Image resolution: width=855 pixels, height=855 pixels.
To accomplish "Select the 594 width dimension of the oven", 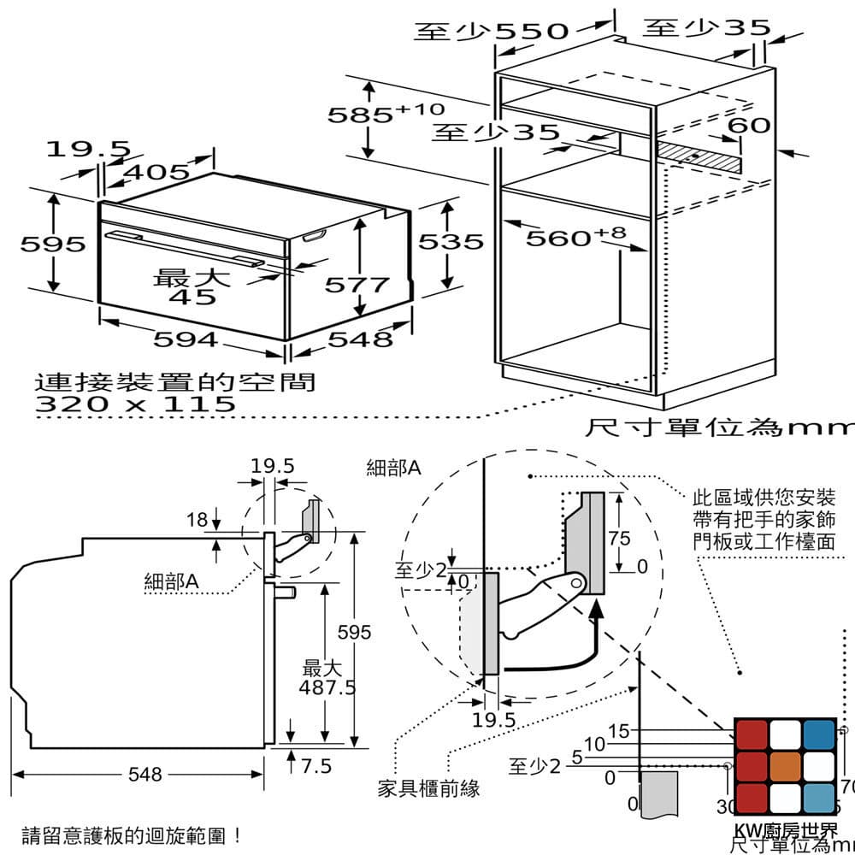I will coord(185,339).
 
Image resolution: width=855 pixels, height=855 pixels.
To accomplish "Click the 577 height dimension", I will coord(357,284).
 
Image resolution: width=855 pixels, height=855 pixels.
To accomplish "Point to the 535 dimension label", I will coord(451,242).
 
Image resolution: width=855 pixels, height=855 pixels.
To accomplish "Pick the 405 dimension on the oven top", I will coord(156,173).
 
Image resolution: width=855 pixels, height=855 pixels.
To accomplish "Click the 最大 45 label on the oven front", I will coord(192,287).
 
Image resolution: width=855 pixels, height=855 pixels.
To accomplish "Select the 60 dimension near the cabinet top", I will coord(748,126).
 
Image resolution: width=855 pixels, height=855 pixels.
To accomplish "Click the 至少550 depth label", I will coord(491,32).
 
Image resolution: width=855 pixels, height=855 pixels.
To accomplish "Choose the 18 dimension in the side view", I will coord(197,519).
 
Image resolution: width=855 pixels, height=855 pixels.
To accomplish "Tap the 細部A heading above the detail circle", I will coord(393,468).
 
